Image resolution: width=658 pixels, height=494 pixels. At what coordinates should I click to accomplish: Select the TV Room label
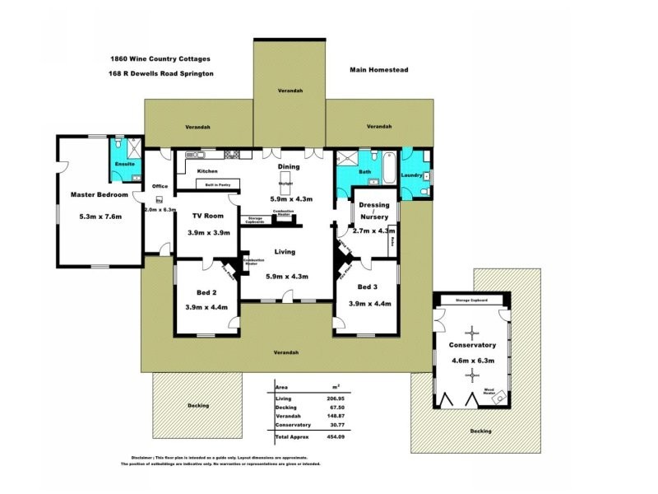(208, 216)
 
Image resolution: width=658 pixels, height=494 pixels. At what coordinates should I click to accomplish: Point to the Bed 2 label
(206, 292)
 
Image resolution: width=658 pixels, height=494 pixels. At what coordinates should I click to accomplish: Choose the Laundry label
(411, 175)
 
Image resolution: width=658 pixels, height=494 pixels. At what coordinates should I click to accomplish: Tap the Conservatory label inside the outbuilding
(470, 345)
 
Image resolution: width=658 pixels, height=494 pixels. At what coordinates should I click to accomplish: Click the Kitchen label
(207, 171)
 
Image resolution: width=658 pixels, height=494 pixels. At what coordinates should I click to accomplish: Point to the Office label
(160, 186)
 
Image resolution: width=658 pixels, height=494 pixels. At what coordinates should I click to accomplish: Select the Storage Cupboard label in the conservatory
(472, 301)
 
